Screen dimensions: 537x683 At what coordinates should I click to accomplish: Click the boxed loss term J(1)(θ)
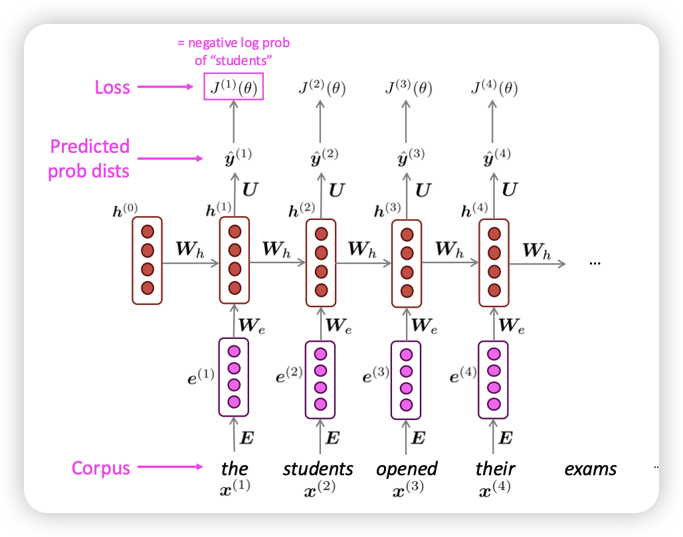[x=234, y=87]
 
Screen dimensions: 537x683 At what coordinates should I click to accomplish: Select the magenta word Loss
[x=112, y=87]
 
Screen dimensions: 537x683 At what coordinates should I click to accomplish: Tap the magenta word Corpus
[x=101, y=468]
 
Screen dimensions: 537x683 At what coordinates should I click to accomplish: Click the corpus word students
[x=318, y=469]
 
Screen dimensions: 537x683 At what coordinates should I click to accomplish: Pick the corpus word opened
[x=407, y=469]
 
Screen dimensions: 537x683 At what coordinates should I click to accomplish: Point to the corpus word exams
[x=591, y=469]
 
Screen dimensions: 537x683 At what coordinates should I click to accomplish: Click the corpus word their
[x=496, y=469]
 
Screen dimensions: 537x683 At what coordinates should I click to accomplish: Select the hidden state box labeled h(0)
[x=147, y=261]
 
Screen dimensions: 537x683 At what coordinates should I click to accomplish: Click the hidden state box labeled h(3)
[x=407, y=263]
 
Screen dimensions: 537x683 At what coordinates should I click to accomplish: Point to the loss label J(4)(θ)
[x=494, y=88]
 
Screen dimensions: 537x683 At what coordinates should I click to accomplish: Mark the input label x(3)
[x=407, y=490]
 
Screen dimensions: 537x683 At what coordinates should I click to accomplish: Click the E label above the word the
[x=246, y=437]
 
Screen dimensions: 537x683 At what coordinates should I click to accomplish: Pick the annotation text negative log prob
[x=233, y=43]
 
